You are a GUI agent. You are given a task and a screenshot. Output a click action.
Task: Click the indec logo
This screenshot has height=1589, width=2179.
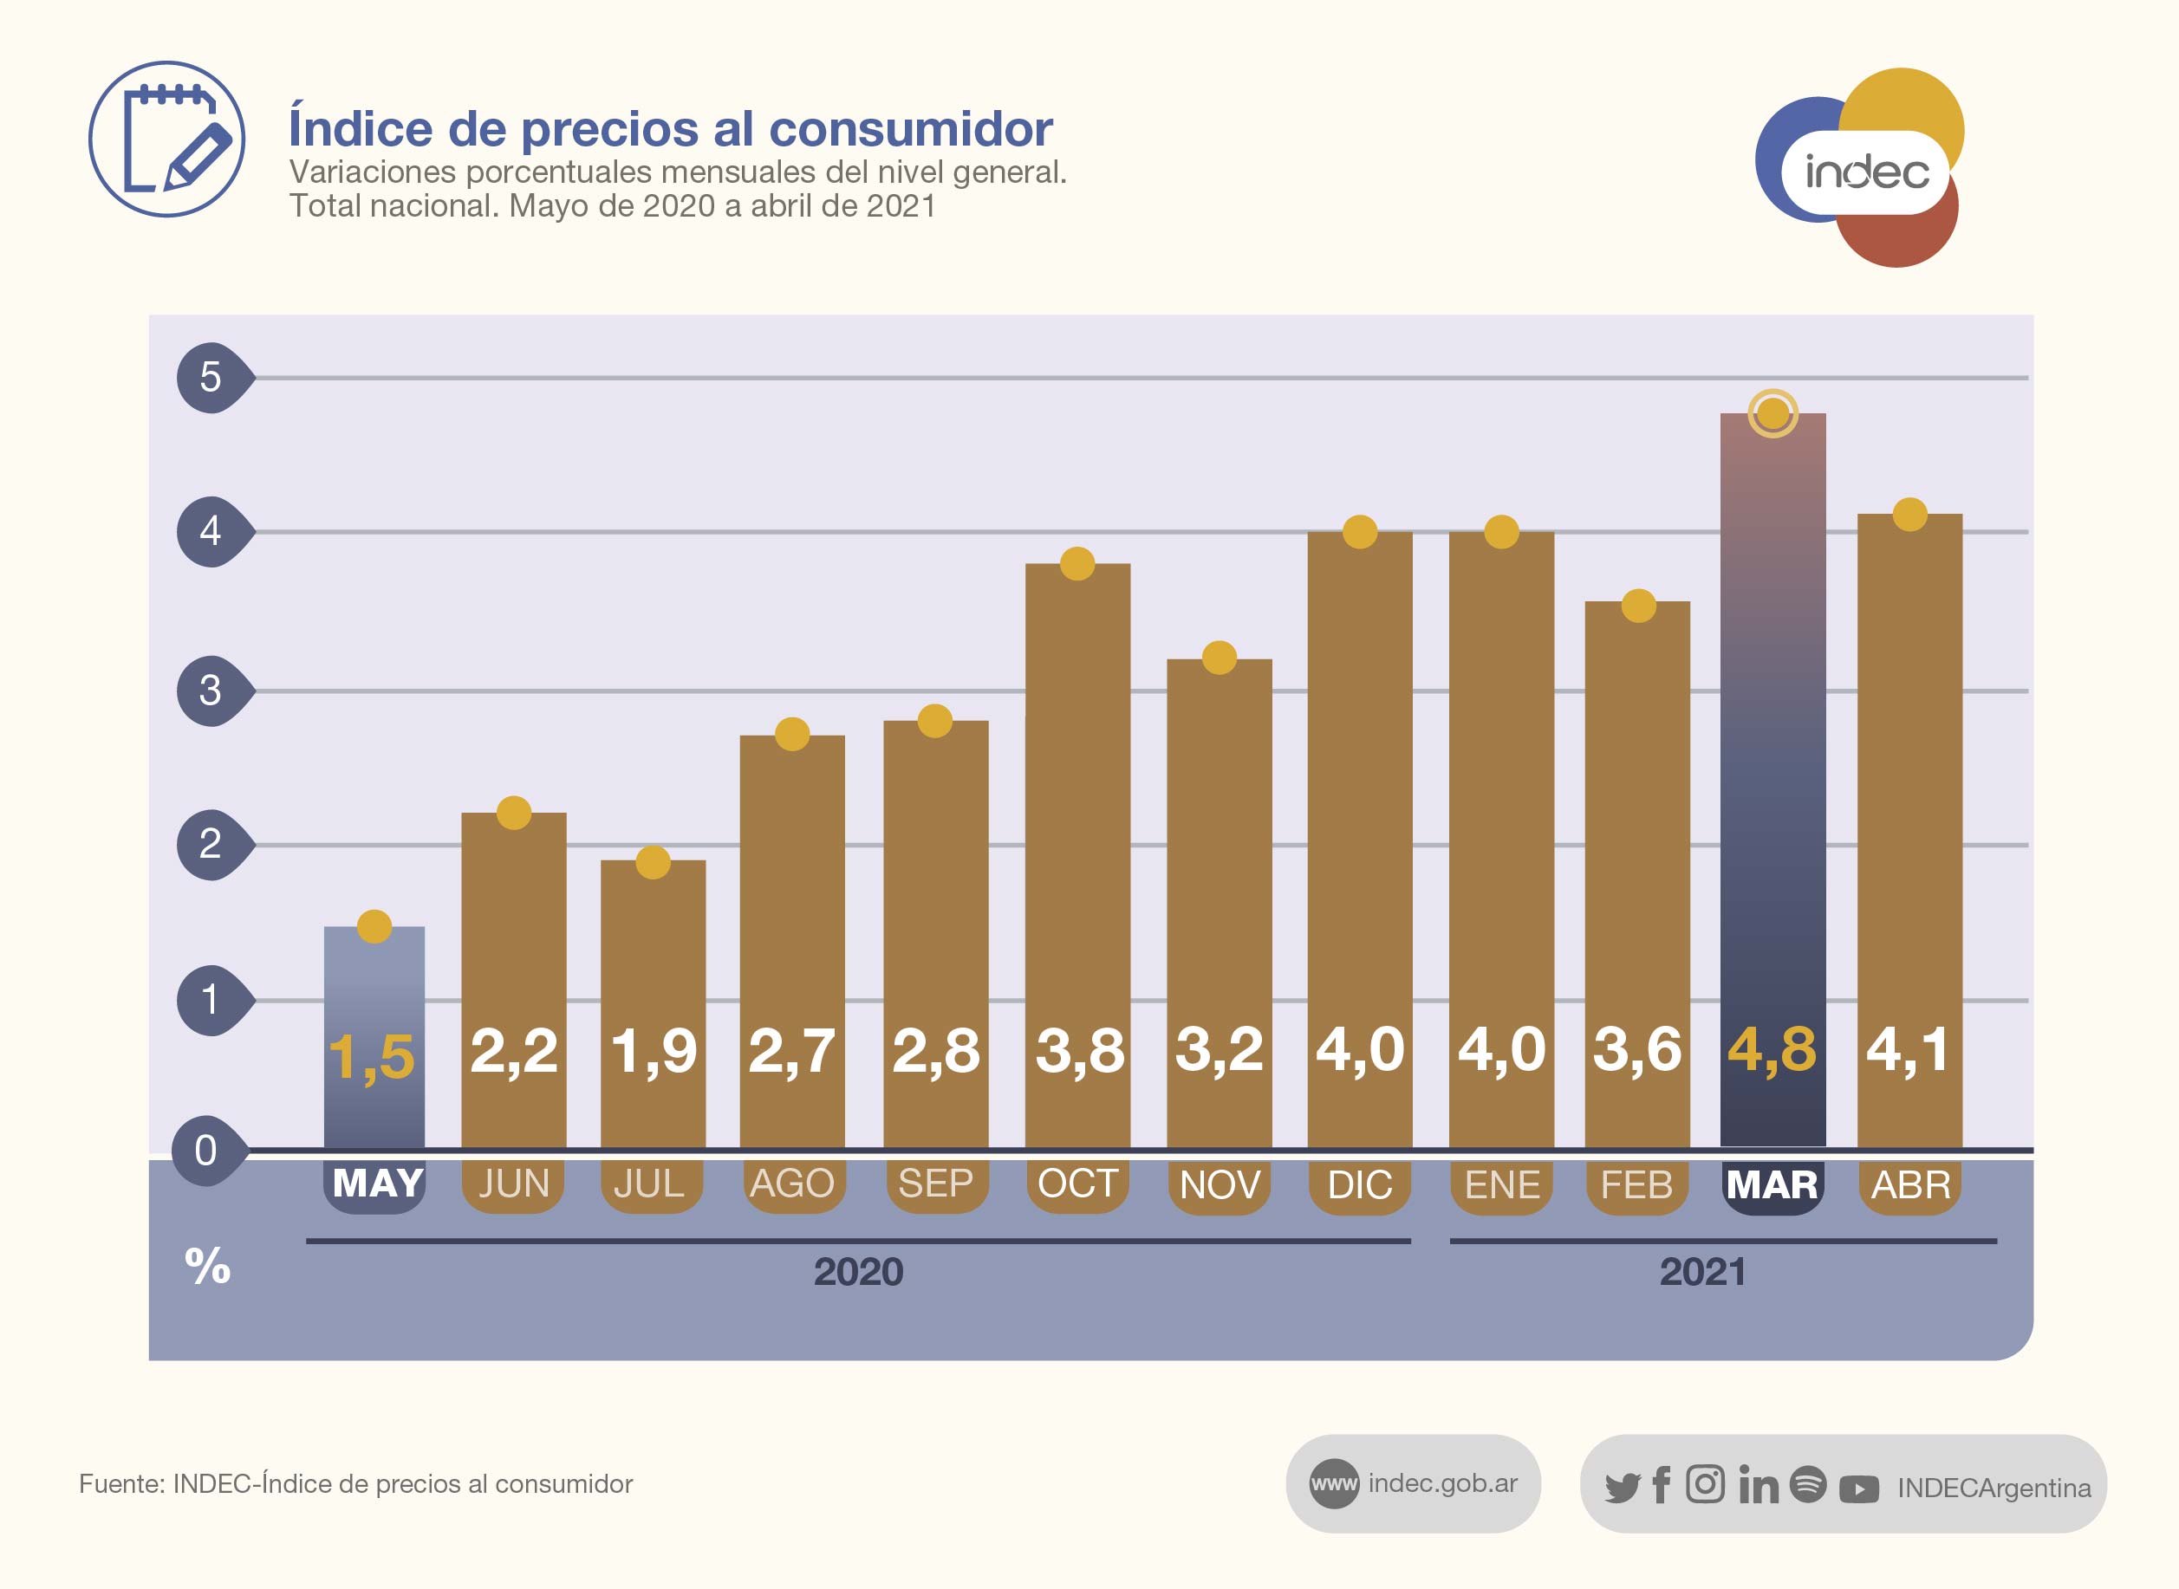1862,169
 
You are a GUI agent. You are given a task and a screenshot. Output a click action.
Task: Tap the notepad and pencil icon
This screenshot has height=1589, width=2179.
166,139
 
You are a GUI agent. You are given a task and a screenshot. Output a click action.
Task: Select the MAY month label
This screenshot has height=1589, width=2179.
377,1184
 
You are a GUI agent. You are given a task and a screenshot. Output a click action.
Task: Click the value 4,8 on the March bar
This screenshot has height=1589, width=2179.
1771,1049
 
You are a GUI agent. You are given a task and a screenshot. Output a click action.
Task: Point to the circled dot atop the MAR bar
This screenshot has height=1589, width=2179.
1772,413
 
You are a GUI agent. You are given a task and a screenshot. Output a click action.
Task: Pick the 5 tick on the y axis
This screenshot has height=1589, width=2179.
211,377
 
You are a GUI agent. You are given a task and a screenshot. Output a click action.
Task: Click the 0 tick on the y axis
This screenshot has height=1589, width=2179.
206,1151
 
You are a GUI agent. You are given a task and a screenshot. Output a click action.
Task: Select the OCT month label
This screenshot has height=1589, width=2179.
1077,1184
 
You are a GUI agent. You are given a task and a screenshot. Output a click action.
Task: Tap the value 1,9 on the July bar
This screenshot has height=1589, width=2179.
654,1050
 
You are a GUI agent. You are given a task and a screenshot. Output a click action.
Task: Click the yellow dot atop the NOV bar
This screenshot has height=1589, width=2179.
1219,658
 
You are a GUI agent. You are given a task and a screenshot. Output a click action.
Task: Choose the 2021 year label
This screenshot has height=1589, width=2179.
1701,1273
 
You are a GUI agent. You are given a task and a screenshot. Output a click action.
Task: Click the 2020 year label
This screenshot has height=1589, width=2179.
858,1273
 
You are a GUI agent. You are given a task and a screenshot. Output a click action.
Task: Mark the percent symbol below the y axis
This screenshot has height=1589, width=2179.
208,1266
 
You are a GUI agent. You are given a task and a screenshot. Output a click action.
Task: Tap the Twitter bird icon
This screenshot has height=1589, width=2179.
1622,1487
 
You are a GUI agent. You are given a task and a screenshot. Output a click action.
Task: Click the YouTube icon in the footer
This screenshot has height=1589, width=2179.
1857,1489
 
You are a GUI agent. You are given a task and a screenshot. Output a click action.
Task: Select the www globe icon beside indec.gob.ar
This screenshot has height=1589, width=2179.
1333,1483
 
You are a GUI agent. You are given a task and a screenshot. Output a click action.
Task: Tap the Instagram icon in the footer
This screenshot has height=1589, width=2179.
1705,1484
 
